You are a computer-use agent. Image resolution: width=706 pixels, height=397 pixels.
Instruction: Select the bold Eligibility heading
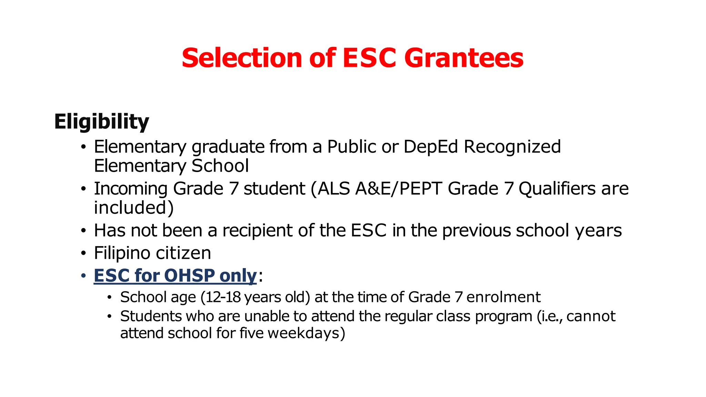point(101,122)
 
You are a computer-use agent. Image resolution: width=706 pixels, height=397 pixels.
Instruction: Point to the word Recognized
point(512,147)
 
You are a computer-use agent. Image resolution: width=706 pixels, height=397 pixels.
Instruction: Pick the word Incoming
point(131,189)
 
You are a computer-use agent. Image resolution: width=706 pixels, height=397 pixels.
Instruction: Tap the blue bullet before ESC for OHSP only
point(83,276)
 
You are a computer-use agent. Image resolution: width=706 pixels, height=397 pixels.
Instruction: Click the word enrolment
point(503,297)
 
